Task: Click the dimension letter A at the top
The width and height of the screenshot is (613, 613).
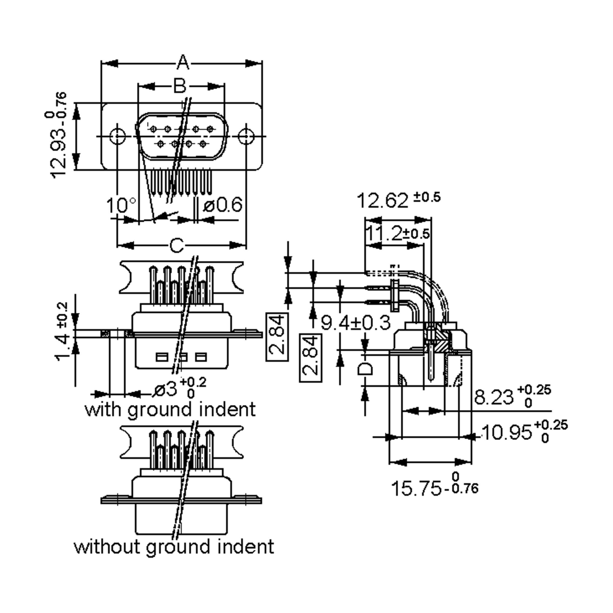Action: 183,63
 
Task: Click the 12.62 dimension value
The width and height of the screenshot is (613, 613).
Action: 383,201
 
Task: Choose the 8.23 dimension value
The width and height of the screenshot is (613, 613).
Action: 494,397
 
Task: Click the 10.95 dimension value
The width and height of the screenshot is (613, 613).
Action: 507,432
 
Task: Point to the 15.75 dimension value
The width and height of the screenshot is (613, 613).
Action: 416,489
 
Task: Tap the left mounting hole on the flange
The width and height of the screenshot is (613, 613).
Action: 117,136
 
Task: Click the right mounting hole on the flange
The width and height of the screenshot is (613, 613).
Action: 246,136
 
